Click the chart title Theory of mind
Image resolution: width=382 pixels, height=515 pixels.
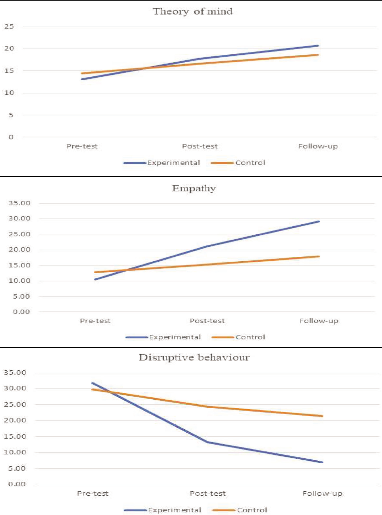coord(193,11)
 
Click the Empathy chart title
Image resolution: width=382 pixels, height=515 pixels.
coord(194,188)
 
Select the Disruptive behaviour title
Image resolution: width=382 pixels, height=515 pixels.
coord(194,357)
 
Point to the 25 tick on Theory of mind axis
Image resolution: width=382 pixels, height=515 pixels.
coord(9,26)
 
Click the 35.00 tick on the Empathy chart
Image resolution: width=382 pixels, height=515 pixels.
coord(20,203)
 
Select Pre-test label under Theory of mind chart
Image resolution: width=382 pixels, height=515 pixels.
coord(82,146)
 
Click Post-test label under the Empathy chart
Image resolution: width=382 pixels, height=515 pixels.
coord(207,321)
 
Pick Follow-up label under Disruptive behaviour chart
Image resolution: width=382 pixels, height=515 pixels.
coord(322,493)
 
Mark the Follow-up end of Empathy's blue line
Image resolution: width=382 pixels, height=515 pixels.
coord(319,221)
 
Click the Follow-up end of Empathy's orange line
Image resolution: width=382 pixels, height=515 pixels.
coord(319,256)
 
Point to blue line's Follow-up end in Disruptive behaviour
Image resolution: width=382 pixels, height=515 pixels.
coord(322,462)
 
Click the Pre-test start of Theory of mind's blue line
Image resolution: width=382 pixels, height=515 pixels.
coord(82,79)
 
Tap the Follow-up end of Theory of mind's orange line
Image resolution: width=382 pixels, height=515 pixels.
coord(318,55)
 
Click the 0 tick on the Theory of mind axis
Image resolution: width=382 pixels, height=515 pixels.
coord(11,137)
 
